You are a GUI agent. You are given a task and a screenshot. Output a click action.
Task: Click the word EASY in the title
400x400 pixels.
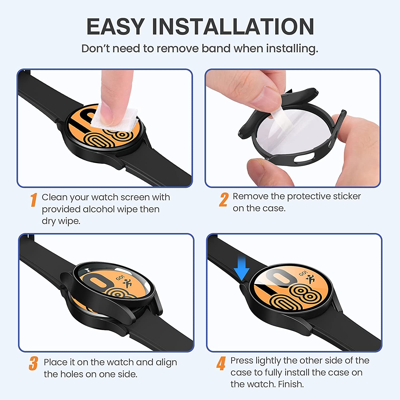pos(115,27)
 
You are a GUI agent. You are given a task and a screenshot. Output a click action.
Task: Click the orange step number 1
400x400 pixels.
pos(33,200)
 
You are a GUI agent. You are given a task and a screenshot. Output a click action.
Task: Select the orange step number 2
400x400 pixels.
pos(223,200)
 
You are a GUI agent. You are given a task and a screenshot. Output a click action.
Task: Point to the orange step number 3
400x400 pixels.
pos(33,364)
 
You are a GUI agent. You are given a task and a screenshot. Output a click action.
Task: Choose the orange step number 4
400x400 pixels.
pos(221,364)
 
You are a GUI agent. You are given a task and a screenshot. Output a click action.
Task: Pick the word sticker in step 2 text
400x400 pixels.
pos(347,196)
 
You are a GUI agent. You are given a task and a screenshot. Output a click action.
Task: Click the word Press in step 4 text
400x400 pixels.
pos(242,361)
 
